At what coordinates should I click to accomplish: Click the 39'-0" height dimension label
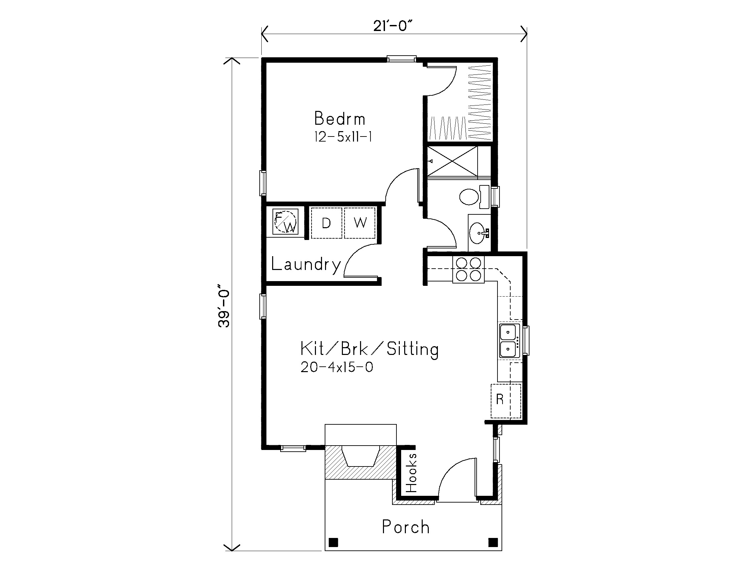click(224, 308)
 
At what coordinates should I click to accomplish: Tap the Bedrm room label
click(340, 118)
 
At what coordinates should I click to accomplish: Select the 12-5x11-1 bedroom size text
click(343, 137)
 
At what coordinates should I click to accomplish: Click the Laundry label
click(306, 265)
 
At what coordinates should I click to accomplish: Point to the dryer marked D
click(326, 223)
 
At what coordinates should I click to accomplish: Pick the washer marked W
click(360, 223)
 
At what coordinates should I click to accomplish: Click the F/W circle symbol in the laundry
click(285, 222)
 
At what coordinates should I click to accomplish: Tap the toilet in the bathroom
click(474, 197)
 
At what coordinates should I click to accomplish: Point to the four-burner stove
click(469, 270)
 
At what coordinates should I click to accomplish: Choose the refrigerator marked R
click(506, 401)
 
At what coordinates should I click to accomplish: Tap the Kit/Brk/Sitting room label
click(369, 349)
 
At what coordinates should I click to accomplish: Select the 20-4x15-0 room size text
click(337, 367)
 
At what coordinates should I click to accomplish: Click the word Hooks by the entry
click(411, 473)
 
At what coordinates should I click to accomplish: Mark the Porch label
click(406, 526)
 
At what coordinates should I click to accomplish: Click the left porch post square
click(334, 542)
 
